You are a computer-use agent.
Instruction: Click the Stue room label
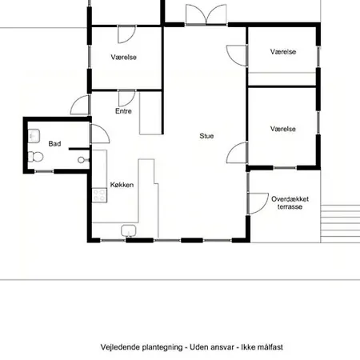(x=206, y=136)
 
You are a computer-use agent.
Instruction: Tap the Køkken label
(x=122, y=185)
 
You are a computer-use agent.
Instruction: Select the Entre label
(x=123, y=111)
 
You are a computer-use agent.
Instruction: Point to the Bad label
(x=54, y=144)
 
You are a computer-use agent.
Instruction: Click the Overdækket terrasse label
(x=290, y=203)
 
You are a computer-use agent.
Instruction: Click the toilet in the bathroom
(x=35, y=157)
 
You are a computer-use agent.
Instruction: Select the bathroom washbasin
(x=34, y=136)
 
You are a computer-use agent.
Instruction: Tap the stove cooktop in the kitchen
(x=99, y=195)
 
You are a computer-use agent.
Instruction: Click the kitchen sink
(x=129, y=231)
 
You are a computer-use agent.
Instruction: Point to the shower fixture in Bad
(x=83, y=160)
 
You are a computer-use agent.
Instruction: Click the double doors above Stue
(x=206, y=14)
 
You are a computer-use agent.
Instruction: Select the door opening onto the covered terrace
(x=258, y=203)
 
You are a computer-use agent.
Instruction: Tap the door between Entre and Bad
(x=100, y=134)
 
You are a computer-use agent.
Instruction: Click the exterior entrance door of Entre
(x=80, y=105)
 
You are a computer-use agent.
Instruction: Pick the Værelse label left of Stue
(x=124, y=58)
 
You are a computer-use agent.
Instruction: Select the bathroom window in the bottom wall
(x=44, y=171)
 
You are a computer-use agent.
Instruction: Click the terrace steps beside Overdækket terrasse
(x=340, y=224)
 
